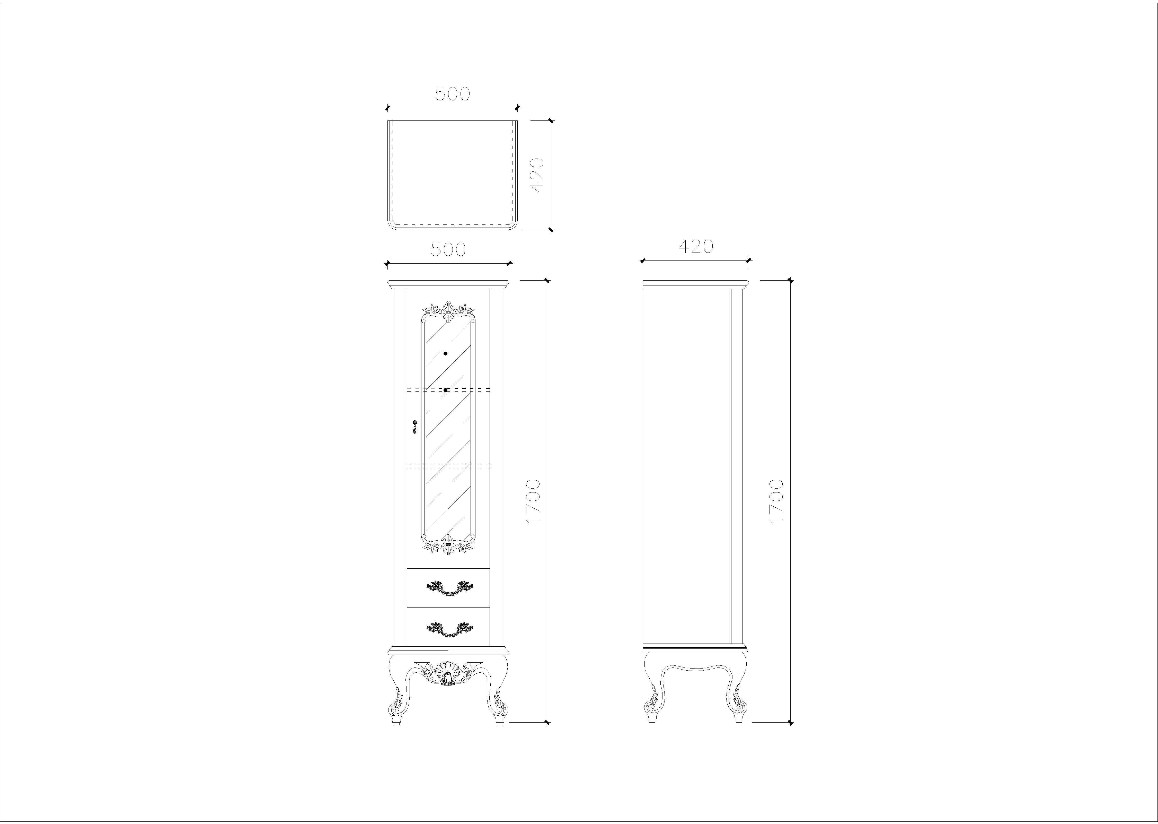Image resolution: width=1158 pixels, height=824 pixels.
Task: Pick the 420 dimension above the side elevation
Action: coord(696,247)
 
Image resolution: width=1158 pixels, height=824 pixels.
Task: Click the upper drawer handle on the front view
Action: coord(450,587)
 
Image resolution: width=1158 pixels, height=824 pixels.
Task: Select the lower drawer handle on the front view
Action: coord(450,629)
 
